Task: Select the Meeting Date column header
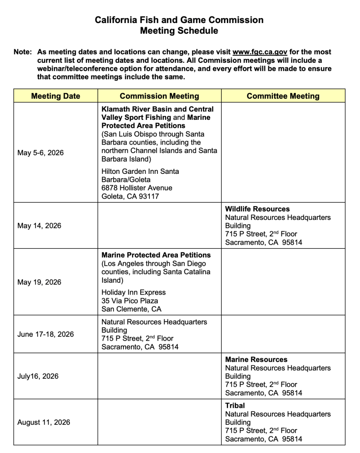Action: click(x=56, y=96)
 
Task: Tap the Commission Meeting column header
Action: click(x=159, y=96)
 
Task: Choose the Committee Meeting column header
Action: click(x=283, y=96)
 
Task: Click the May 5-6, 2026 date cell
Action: click(x=40, y=153)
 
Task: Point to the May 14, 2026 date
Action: click(x=39, y=226)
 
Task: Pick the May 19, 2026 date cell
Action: click(x=39, y=282)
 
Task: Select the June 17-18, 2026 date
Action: click(x=46, y=334)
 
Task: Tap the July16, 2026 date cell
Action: click(x=38, y=376)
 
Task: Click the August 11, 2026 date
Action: click(x=43, y=422)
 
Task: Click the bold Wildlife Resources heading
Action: click(x=257, y=209)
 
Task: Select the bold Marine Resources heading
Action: click(x=256, y=360)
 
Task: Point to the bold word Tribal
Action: click(x=235, y=406)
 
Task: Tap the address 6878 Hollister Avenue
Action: click(x=137, y=188)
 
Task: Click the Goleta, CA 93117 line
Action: click(x=130, y=196)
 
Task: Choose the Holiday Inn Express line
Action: click(x=134, y=292)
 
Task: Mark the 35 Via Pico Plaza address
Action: click(x=130, y=301)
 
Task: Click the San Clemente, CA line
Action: click(x=131, y=309)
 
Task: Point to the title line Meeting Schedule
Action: click(x=179, y=31)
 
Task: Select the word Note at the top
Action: click(x=22, y=52)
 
